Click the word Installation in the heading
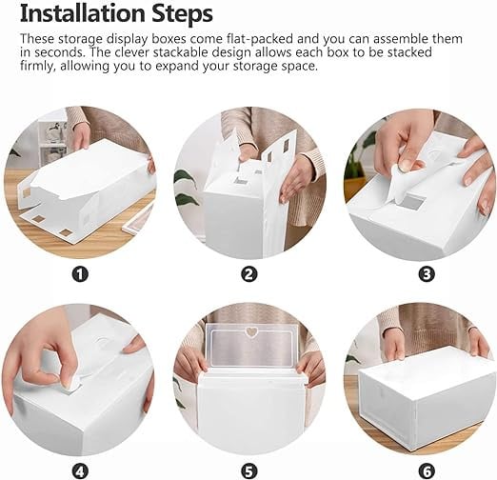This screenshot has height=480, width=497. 82,13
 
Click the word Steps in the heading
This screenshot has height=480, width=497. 182,14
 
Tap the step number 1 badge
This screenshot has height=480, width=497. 80,273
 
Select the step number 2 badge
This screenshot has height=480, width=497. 249,273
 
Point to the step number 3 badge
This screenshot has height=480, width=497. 427,273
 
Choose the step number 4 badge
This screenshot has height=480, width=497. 80,471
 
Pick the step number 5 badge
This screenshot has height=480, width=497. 249,471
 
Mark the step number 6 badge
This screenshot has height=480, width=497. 427,471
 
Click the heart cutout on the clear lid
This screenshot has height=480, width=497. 252,331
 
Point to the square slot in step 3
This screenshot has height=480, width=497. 411,202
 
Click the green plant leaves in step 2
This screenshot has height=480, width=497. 188,189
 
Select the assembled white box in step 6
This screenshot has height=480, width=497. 426,397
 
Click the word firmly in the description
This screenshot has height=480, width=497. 37,66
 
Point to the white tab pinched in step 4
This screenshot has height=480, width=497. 72,384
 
